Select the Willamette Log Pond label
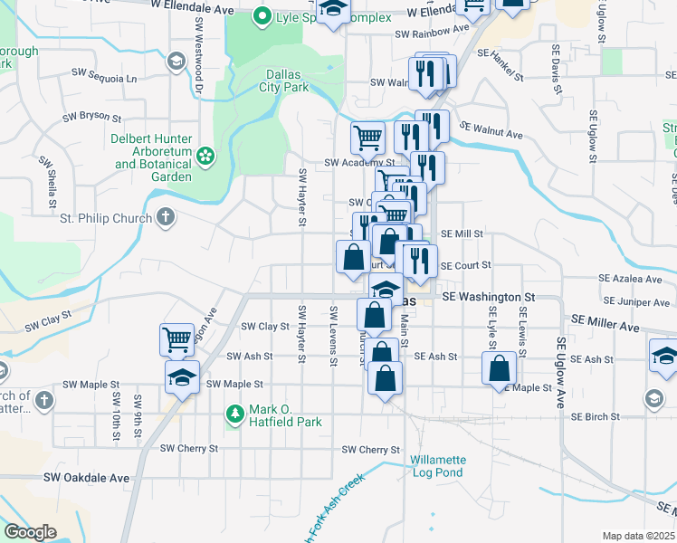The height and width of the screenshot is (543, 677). [x=437, y=466]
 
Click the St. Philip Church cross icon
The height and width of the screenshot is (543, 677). [x=165, y=217]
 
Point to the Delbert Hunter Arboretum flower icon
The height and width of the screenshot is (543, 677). [x=205, y=156]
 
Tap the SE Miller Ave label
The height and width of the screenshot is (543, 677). [x=605, y=325]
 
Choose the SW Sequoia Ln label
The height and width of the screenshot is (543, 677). [x=106, y=79]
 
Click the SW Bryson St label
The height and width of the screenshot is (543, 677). [x=91, y=117]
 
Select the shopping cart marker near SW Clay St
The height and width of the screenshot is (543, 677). [x=177, y=339]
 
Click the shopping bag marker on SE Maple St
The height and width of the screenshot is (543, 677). [x=499, y=368]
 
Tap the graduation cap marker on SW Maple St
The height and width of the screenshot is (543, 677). [x=182, y=376]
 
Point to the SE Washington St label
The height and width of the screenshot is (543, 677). [x=489, y=296]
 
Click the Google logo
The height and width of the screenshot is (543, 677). [x=31, y=532]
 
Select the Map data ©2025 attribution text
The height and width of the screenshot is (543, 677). [x=638, y=536]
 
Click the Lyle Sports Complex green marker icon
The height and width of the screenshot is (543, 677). [x=262, y=15]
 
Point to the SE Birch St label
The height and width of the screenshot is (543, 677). [x=596, y=416]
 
